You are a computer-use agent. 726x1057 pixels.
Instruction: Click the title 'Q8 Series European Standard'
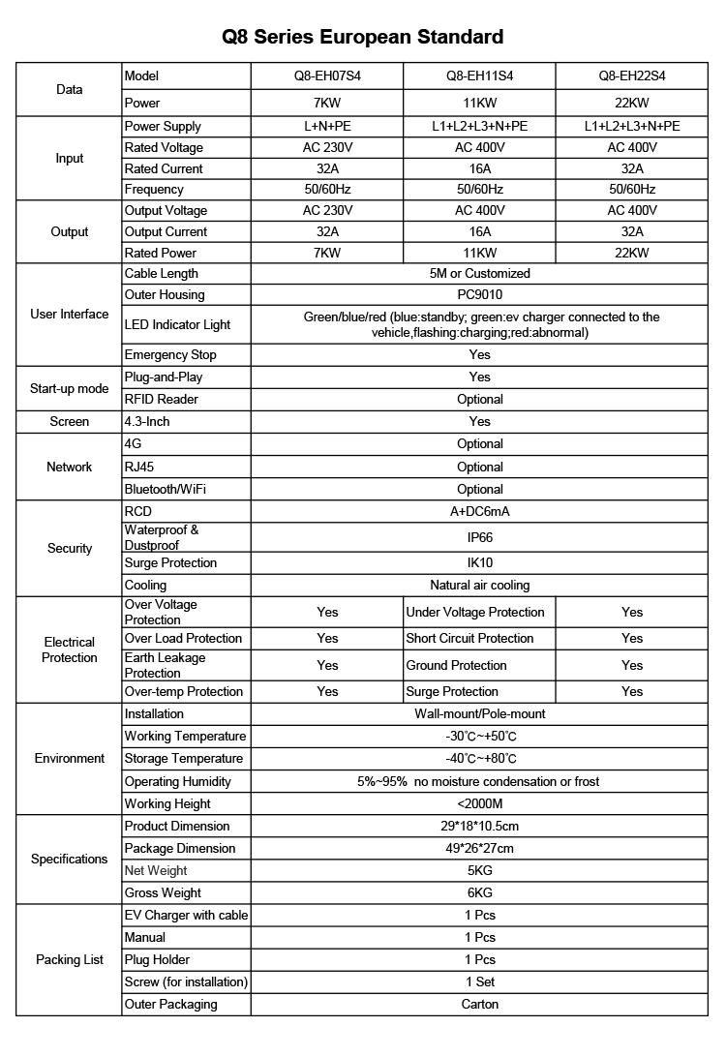pos(363,37)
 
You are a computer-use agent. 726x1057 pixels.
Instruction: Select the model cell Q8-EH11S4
pos(479,76)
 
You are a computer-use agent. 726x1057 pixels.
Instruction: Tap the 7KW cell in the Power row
pos(327,103)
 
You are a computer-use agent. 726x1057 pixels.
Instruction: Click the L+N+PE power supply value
pos(327,126)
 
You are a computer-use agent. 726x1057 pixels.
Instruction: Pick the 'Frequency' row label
pos(153,190)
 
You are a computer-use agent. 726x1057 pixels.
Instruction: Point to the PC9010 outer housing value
pos(479,295)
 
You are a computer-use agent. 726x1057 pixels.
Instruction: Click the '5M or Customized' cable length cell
pos(479,274)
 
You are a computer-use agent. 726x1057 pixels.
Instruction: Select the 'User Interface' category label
pos(70,315)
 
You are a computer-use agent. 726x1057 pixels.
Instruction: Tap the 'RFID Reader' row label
pos(161,399)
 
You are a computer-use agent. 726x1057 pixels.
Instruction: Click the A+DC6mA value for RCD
pos(479,511)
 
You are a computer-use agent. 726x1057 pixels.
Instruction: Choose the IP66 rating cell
pos(479,537)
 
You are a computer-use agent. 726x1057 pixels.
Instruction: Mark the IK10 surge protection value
pos(479,563)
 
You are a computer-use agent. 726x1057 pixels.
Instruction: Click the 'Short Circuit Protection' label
pos(469,639)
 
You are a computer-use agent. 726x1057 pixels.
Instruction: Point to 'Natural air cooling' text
pos(479,586)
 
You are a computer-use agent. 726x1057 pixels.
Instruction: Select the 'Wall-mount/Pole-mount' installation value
pos(479,714)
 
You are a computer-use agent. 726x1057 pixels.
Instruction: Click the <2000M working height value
pos(479,804)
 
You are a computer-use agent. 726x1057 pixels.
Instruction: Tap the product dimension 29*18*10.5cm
pos(479,827)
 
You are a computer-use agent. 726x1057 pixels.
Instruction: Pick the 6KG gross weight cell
pos(479,893)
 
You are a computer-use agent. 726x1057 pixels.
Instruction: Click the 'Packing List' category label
pos(70,960)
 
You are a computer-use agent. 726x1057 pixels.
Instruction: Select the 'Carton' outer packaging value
pos(479,1005)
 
